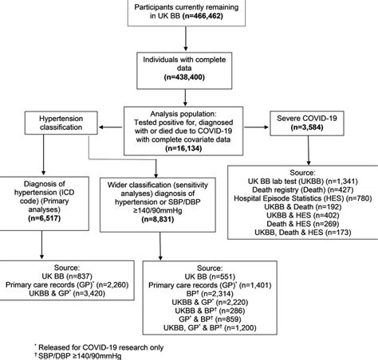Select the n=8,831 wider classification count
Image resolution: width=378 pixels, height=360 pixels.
pyautogui.click(x=183, y=205)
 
